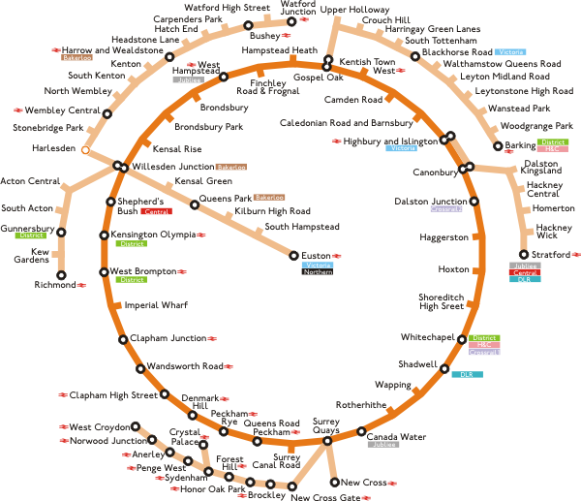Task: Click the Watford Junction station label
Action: click(x=298, y=9)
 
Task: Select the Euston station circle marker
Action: click(x=293, y=255)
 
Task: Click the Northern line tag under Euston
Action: click(x=318, y=272)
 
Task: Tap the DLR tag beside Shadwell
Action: click(x=467, y=374)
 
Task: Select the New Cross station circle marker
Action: click(x=335, y=482)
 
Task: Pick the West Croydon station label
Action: click(x=99, y=426)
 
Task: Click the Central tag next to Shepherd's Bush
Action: click(x=156, y=211)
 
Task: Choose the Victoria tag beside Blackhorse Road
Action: click(x=509, y=51)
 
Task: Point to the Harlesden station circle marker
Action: click(x=85, y=150)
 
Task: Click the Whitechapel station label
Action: click(x=427, y=337)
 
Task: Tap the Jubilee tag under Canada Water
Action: click(x=384, y=445)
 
